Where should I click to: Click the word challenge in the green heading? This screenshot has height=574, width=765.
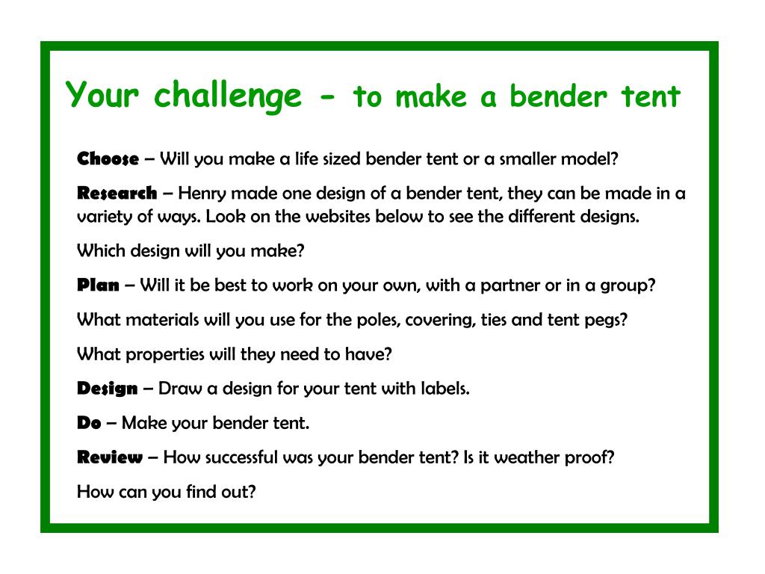coord(227,96)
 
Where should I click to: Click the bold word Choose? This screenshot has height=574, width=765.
coord(108,158)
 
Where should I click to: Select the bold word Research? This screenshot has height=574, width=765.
coord(117,194)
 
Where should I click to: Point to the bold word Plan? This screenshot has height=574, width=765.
coord(98,286)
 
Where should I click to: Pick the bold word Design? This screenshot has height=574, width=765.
coord(108,389)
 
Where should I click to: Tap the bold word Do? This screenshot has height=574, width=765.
coord(89,423)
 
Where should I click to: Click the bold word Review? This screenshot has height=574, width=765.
coord(110,457)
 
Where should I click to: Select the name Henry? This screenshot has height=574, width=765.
coord(202,194)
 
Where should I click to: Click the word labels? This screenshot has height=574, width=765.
coord(445,389)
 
